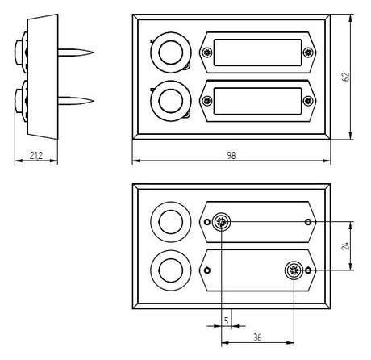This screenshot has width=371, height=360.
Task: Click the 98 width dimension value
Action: [231, 156]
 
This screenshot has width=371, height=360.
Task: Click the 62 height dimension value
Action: [345, 77]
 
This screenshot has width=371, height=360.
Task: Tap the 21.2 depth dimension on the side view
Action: [36, 156]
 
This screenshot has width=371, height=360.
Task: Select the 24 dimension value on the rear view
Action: [345, 246]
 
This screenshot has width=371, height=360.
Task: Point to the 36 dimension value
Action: [257, 337]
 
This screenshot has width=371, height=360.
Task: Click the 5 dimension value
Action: [226, 320]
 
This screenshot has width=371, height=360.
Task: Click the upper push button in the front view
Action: [171, 52]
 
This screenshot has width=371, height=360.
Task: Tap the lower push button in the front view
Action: [171, 101]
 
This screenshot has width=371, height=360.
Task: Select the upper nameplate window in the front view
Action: [257, 52]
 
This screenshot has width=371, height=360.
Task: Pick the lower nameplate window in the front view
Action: [257, 101]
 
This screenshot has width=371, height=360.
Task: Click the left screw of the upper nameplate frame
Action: [207, 52]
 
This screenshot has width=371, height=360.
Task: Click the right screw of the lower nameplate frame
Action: [308, 101]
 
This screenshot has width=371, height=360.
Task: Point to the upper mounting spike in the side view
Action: [76, 52]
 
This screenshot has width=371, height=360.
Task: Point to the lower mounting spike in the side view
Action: [76, 101]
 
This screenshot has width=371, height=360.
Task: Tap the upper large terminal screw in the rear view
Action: [221, 222]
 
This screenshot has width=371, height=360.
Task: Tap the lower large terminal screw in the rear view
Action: [294, 270]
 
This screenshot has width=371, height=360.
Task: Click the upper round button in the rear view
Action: [171, 222]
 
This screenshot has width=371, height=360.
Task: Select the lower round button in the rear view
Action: [171, 270]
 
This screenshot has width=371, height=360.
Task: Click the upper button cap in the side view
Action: [19, 52]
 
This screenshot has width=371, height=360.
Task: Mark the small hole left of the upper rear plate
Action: [207, 222]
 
